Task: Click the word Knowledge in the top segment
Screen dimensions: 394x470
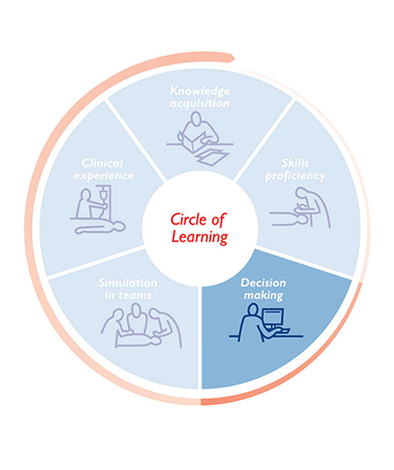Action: point(200,90)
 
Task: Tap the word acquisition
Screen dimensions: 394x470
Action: point(200,104)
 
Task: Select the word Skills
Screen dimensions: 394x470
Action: point(295,163)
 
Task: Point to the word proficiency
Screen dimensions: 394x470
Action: point(295,176)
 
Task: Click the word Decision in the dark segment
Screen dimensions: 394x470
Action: point(263,283)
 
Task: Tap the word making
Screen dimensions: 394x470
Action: point(263,295)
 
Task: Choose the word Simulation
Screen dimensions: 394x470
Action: point(128,283)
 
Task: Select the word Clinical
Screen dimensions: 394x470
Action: point(103,163)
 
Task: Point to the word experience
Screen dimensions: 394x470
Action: point(104,176)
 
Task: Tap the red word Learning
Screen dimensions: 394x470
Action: point(200,237)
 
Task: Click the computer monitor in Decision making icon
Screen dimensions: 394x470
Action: point(273,318)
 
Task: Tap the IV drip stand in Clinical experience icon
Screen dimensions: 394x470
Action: point(104,201)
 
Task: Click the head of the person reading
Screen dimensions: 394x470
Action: point(196,118)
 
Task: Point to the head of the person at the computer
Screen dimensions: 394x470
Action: point(253,310)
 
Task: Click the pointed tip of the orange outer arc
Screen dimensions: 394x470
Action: point(235,58)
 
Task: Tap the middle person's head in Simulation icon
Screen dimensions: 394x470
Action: point(136,310)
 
